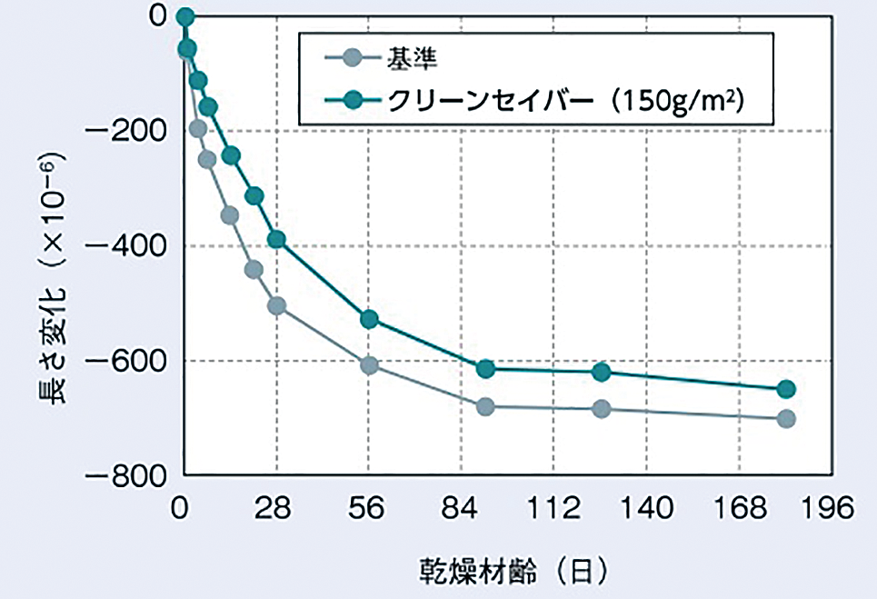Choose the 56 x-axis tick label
click(369, 508)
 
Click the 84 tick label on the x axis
click(462, 508)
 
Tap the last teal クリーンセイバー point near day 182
click(786, 389)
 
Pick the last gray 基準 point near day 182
click(786, 419)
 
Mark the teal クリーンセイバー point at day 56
click(369, 319)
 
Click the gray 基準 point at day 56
click(369, 365)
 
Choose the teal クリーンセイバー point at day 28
click(276, 240)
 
